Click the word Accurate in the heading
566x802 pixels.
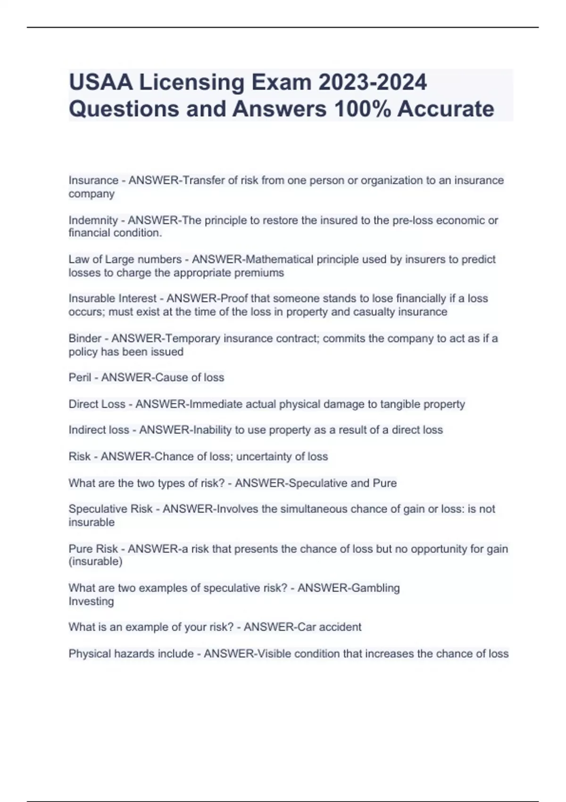pyautogui.click(x=446, y=109)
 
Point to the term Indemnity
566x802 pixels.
pyautogui.click(x=93, y=220)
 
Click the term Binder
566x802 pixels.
pyautogui.click(x=85, y=338)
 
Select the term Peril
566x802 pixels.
pyautogui.click(x=80, y=377)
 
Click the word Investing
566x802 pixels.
pyautogui.click(x=91, y=601)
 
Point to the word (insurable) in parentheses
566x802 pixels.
pyautogui.click(x=95, y=561)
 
